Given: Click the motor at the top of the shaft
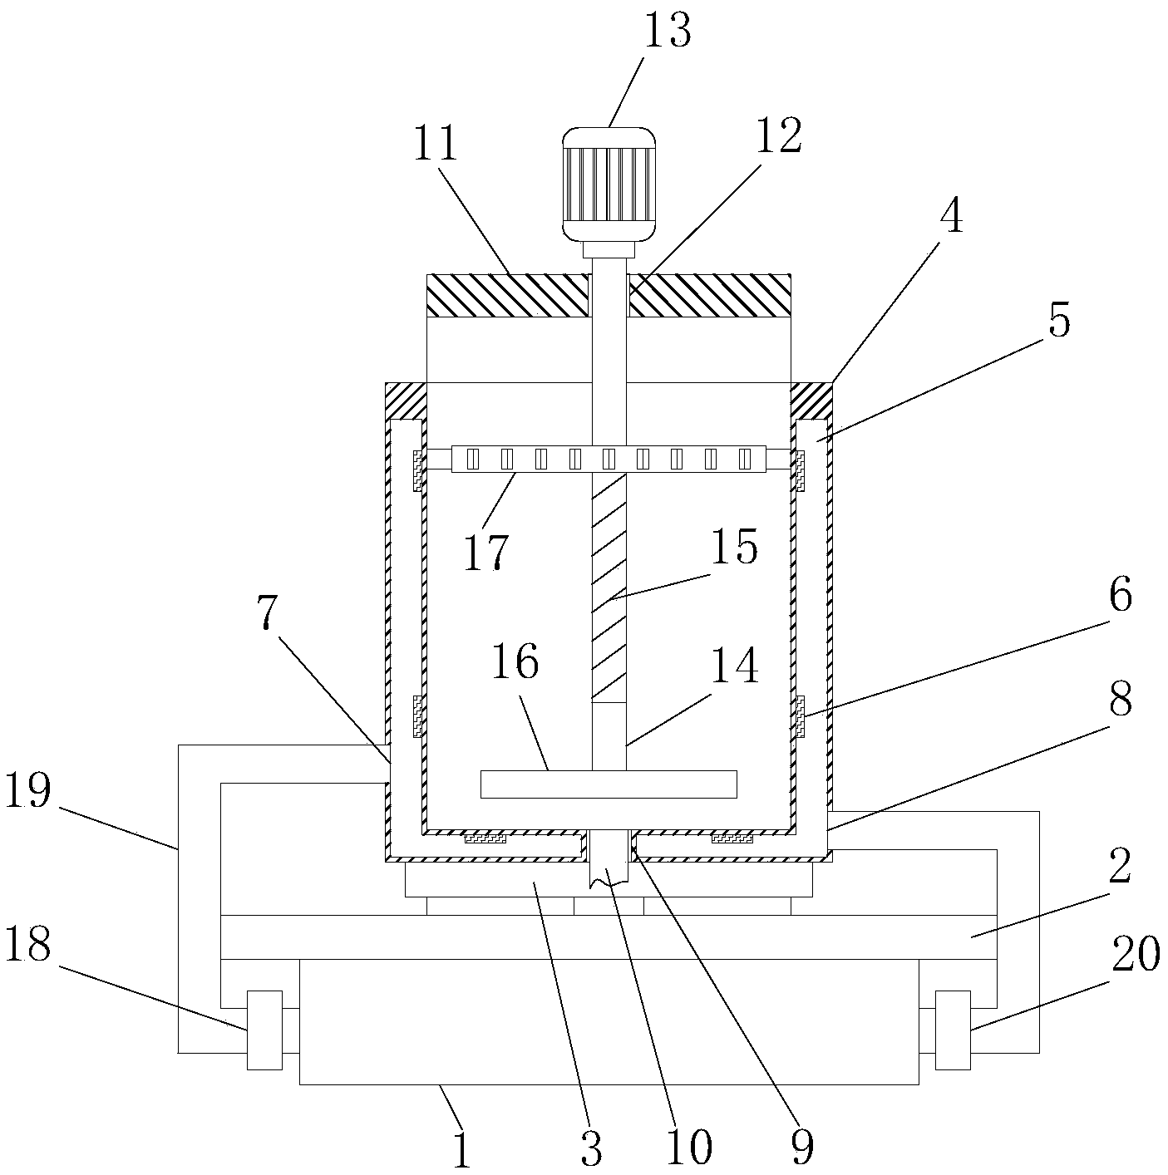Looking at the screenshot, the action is [x=609, y=184].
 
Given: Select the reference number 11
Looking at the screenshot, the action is [x=435, y=143].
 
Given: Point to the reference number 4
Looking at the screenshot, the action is [x=952, y=216].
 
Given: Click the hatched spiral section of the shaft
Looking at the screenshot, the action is [x=609, y=587].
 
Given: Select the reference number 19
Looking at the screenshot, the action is [x=27, y=790].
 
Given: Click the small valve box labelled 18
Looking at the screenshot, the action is [x=264, y=1030].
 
